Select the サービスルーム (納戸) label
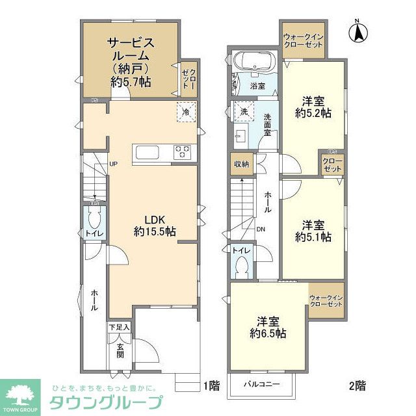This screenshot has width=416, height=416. pos(131,62)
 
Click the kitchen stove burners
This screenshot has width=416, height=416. pos(182,151)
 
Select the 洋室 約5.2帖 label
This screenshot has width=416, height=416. pos(313,107)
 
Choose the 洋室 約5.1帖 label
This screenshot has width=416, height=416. pos(313,231)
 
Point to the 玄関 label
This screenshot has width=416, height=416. pos(121,351)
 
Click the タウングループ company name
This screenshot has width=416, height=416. pos(103,400)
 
